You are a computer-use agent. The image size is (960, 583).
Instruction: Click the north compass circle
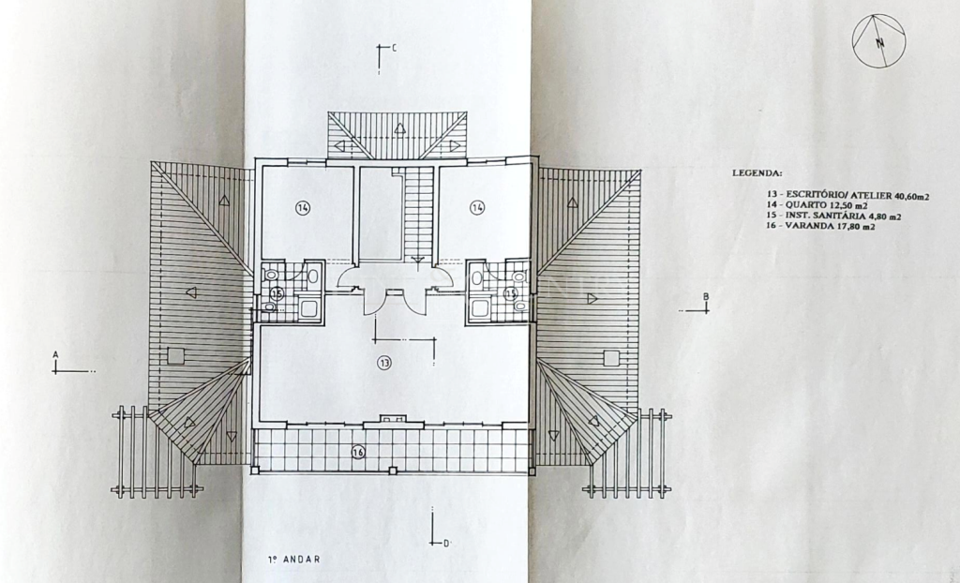coord(853,40)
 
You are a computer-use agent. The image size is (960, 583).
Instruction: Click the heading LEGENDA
coord(757,173)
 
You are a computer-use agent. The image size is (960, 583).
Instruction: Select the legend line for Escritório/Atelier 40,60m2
coord(847,196)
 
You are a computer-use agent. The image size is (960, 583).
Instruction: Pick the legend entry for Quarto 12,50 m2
coord(817,206)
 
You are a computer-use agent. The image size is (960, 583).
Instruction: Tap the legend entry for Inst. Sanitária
coord(833,217)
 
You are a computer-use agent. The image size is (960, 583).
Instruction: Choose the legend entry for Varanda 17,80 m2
coord(820,226)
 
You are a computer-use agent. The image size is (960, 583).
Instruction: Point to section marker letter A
coord(55,354)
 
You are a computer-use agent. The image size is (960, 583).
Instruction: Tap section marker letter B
coord(706,297)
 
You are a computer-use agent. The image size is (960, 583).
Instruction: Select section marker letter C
coord(394,48)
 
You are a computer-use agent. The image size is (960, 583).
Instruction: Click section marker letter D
coord(446,544)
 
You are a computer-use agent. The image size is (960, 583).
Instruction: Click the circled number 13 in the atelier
coord(383,363)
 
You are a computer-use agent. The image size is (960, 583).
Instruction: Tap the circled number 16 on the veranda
coord(358,453)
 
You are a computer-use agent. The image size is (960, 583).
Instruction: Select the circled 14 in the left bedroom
coord(303,208)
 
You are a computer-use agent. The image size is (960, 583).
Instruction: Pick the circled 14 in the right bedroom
coord(477,207)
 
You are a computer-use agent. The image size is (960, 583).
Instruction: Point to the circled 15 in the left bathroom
coord(277,294)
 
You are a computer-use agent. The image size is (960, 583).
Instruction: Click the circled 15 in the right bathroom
coord(511,294)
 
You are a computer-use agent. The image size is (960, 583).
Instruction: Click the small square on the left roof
coord(175,356)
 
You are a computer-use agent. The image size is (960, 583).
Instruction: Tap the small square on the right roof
coord(611,358)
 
